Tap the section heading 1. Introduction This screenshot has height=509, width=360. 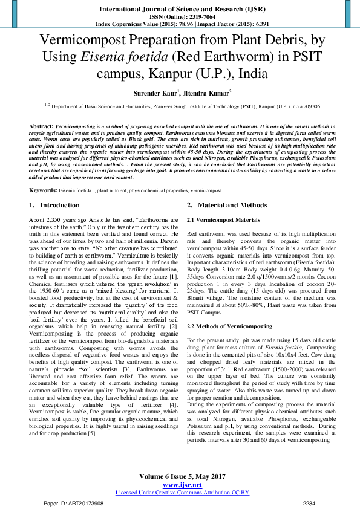(55, 189)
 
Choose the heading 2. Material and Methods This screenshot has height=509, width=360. (227, 189)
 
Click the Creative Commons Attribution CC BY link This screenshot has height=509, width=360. (182, 492)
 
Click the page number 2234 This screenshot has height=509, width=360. (309, 503)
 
